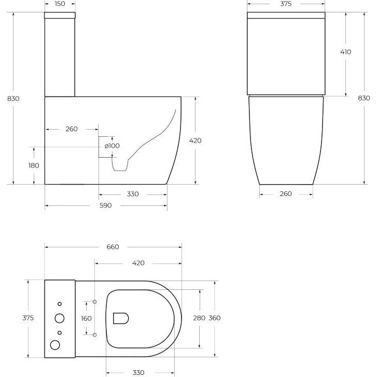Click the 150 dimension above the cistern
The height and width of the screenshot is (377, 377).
tap(60, 4)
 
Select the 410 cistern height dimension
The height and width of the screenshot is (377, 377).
tap(346, 52)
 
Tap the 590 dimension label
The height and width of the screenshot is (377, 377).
tap(106, 205)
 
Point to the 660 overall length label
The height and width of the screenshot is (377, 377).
tap(113, 247)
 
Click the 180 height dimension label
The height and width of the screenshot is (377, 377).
tap(34, 165)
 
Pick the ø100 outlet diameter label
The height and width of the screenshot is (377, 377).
tap(112, 146)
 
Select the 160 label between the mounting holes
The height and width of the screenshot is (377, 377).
tap(86, 318)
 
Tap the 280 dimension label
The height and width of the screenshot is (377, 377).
tap(199, 318)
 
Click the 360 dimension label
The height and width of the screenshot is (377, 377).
tap(215, 318)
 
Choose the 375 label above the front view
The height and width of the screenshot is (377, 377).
tap(286, 4)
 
